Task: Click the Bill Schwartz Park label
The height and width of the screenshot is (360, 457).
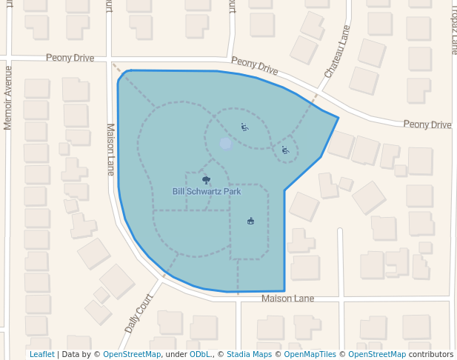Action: [x=207, y=191]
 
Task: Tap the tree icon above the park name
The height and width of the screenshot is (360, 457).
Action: [x=206, y=179]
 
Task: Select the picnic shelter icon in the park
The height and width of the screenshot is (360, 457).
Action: [x=250, y=221]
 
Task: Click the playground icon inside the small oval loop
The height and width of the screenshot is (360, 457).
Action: [x=285, y=150]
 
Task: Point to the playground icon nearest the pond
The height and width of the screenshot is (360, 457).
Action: [x=244, y=127]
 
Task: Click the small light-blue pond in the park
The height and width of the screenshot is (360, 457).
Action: [x=226, y=144]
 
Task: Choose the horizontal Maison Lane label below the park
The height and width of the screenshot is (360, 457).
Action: [x=288, y=298]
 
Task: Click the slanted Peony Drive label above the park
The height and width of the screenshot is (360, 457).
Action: [x=254, y=66]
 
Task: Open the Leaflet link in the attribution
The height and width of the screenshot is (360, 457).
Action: [x=41, y=354]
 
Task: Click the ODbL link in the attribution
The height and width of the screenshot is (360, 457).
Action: [x=201, y=354]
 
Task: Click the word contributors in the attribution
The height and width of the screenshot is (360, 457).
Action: [x=430, y=354]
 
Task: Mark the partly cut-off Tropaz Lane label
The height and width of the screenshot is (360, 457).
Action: [x=453, y=30]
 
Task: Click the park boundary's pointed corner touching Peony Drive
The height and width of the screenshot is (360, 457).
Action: [x=338, y=117]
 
